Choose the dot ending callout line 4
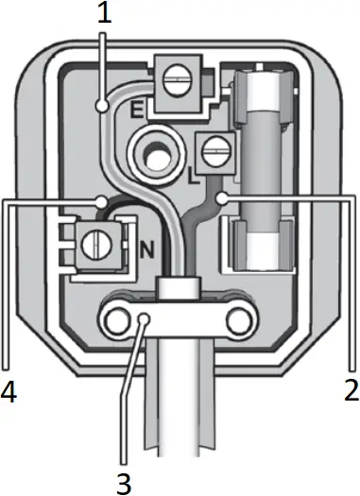[101, 201]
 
